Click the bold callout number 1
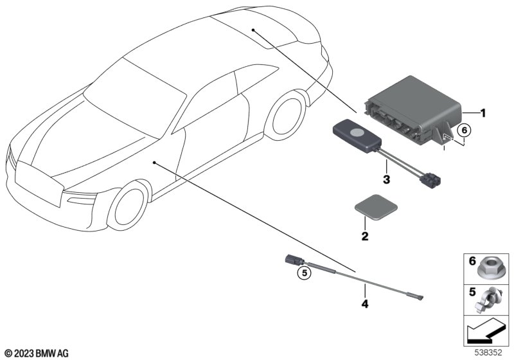click(x=483, y=113)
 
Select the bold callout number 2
click(x=365, y=236)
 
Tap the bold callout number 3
click(x=387, y=179)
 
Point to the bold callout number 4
click(x=365, y=304)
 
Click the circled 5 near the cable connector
click(x=305, y=273)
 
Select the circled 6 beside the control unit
click(x=464, y=130)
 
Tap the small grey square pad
click(x=376, y=206)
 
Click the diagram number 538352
click(x=488, y=352)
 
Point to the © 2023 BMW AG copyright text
click(x=37, y=353)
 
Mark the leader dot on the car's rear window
click(x=253, y=30)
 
